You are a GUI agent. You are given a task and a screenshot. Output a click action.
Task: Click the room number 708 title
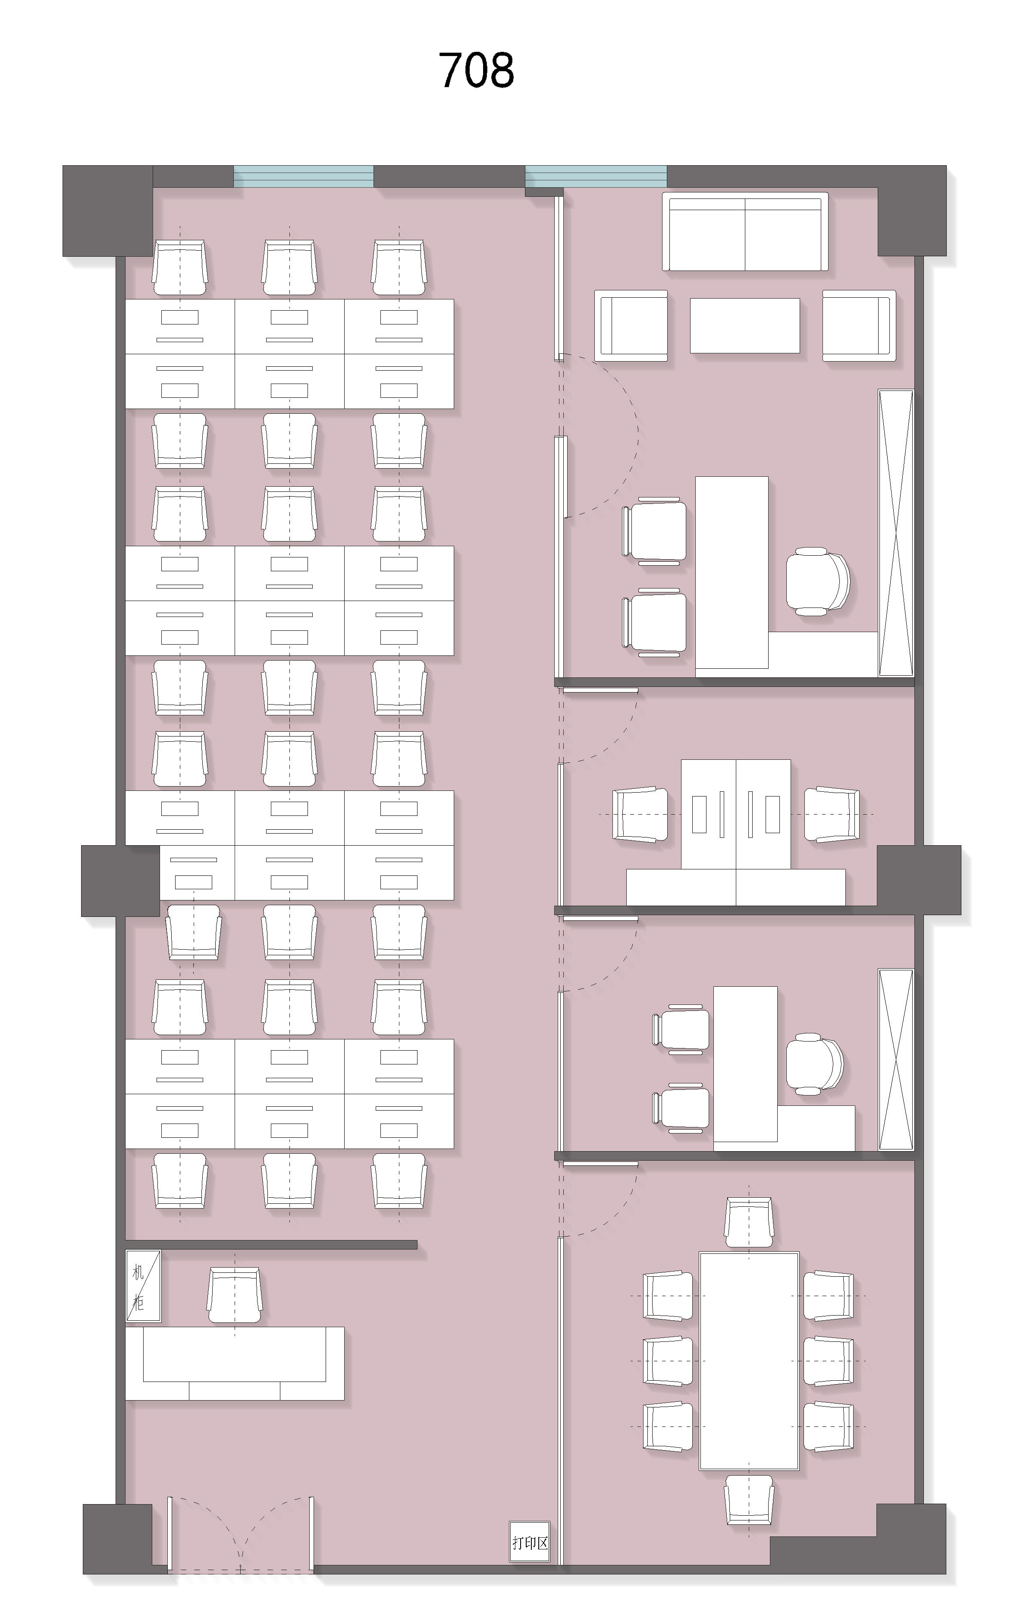point(476,70)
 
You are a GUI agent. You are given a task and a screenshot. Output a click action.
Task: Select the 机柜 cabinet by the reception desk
point(143,1286)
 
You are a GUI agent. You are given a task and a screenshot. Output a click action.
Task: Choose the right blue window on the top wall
point(596,176)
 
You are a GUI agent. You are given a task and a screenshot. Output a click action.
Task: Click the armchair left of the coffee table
point(631,326)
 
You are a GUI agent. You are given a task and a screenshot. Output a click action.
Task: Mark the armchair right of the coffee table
point(859,326)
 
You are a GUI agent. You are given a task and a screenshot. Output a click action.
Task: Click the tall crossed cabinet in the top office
point(896,533)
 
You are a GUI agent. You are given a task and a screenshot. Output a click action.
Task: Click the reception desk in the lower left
point(235,1363)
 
